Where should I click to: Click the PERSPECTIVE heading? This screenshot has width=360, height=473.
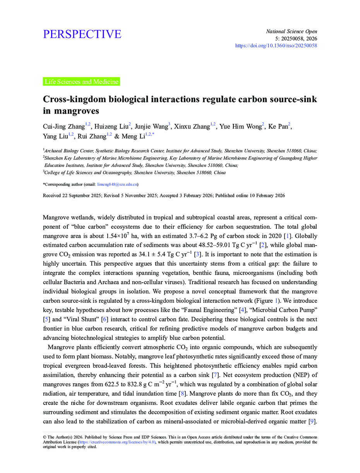click(82, 34)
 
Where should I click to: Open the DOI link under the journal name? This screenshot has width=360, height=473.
click(276, 46)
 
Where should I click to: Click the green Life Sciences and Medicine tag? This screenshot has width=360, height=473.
click(81, 82)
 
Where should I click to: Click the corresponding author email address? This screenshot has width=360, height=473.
click(117, 184)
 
